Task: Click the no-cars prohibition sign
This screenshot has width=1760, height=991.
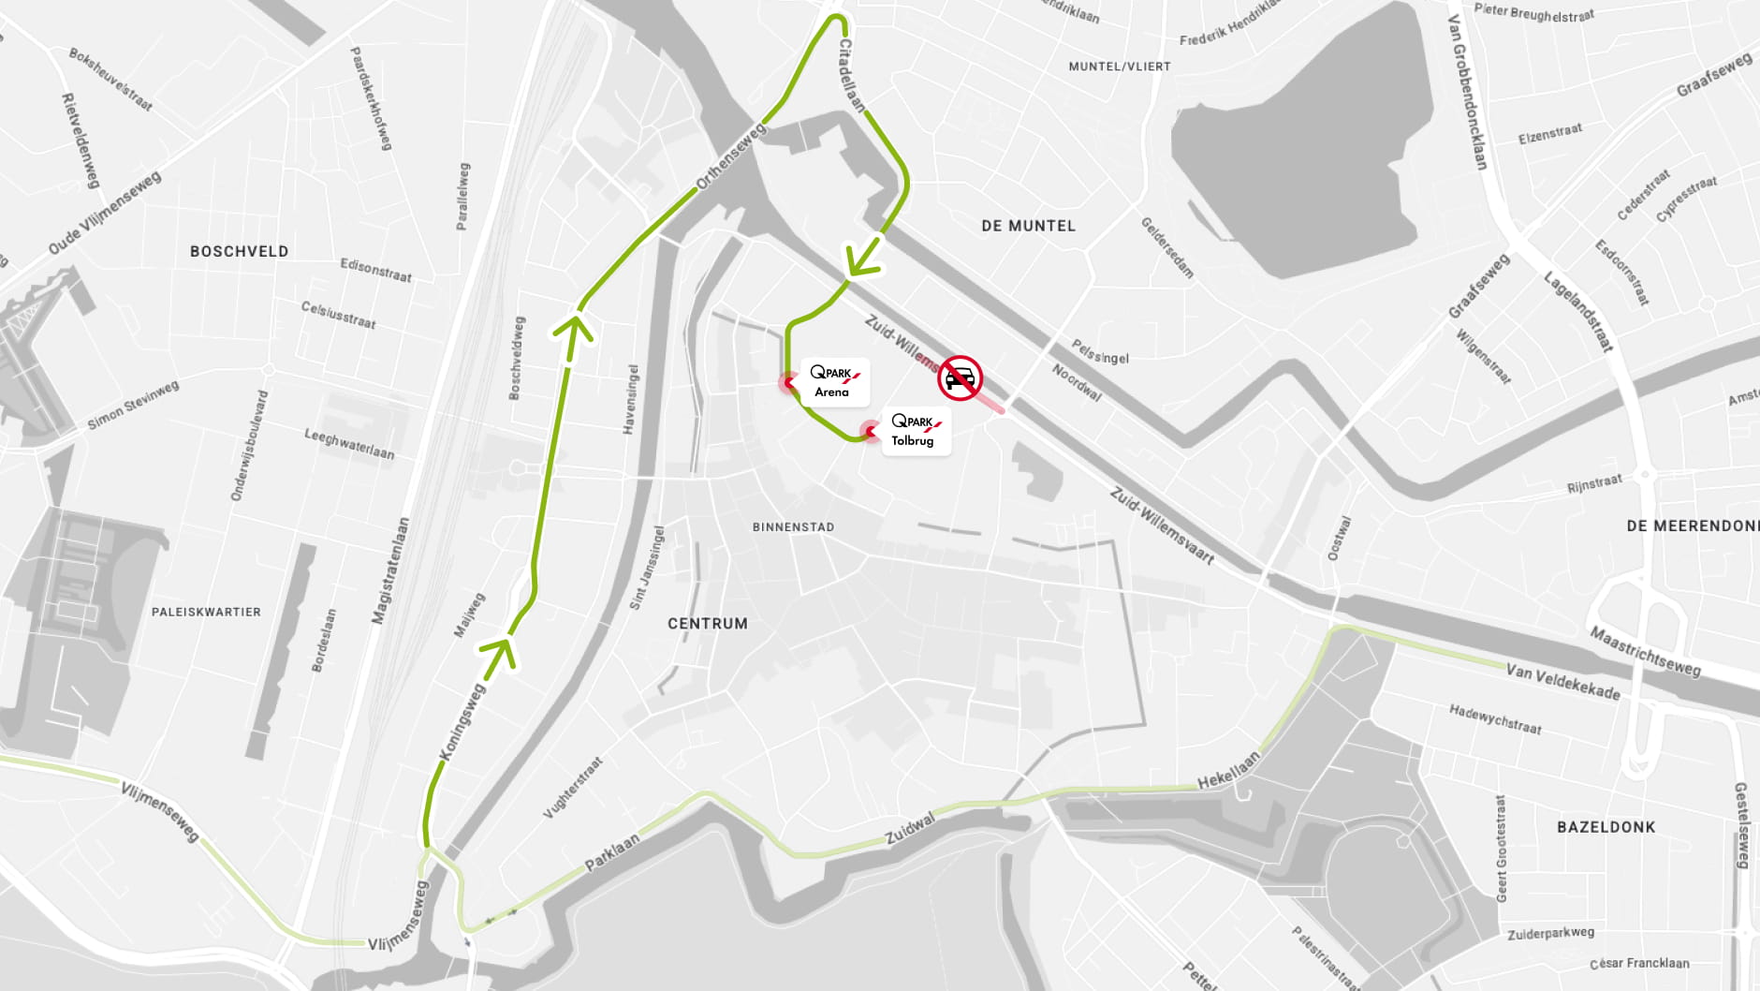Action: tap(960, 378)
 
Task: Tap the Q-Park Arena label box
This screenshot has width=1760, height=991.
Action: tap(834, 381)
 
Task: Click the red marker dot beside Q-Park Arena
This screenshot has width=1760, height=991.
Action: tap(787, 381)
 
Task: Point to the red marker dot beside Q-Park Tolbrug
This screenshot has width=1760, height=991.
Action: tap(870, 431)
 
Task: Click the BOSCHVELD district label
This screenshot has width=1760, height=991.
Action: tap(239, 251)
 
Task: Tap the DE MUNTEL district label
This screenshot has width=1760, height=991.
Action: tap(1028, 226)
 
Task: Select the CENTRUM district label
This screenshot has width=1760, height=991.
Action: tap(708, 624)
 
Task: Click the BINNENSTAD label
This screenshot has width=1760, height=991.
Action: tap(793, 527)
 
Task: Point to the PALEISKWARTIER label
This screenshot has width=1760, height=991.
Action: tap(206, 613)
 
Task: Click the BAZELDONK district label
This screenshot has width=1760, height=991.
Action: tap(1606, 827)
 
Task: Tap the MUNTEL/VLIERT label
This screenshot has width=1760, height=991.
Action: tap(1120, 67)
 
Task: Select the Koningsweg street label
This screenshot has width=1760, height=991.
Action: tap(462, 720)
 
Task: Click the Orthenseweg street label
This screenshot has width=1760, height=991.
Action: tap(730, 156)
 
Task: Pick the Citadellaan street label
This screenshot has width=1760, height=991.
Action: tap(850, 75)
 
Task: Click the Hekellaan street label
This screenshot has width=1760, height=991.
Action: tap(1228, 770)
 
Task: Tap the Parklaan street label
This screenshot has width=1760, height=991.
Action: tap(612, 851)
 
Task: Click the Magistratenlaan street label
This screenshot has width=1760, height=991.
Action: tap(391, 570)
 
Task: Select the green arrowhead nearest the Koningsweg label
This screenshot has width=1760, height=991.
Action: tap(500, 651)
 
